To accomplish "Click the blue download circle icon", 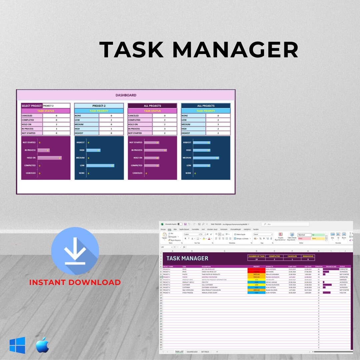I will pos(75,251).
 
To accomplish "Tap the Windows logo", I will pos(17,345).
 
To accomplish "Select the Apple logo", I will pos(43,345).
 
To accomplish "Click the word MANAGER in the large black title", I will pos(235,50).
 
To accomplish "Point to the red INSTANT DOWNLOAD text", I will pos(75,282).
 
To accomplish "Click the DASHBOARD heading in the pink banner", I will pos(126,95).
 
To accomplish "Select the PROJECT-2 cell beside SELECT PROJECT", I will pos(56,106).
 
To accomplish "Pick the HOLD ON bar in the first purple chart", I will pos(49,158).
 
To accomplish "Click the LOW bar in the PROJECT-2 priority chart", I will pos(100,165).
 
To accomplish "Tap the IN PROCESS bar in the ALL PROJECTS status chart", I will pos(155,150).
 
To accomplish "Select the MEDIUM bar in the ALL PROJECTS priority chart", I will pos(206,158).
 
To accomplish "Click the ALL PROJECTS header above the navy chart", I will pos(206,106).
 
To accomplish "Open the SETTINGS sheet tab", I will pos(205,352).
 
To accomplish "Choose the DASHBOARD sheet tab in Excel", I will pos(192,352).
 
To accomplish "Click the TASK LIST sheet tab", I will pos(179,352).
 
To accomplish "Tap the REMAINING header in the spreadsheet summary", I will pos(308,256).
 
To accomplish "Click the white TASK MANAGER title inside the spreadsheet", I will pos(187,258).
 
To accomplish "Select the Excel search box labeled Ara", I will pos(285,224).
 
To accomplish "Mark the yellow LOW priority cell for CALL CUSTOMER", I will pos(256,285).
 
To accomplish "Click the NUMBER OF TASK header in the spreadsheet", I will pos(256,256).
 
